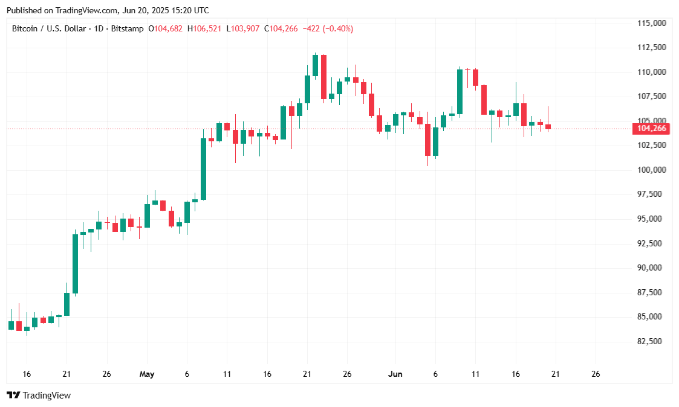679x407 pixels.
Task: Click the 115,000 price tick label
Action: (652, 23)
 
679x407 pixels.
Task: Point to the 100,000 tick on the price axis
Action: (652, 170)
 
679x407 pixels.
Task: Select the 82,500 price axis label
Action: (652, 342)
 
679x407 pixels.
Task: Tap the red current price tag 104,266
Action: (652, 128)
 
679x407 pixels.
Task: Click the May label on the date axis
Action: (147, 374)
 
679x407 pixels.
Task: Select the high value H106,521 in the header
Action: (205, 28)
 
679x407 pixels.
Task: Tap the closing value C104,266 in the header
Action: (281, 28)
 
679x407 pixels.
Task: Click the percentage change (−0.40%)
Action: (338, 28)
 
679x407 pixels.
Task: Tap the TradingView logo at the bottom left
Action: (39, 396)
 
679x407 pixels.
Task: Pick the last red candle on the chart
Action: (548, 126)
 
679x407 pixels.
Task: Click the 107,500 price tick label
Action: (652, 97)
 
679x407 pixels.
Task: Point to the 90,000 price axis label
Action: (652, 268)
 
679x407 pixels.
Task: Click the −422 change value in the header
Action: (312, 28)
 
